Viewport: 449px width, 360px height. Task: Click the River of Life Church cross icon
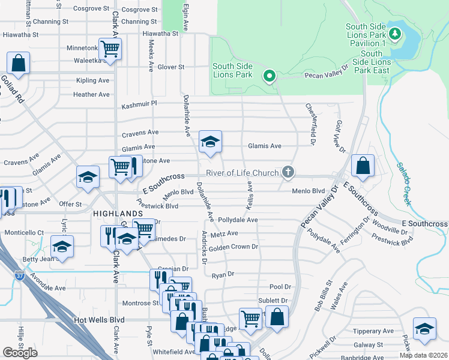tap(288, 173)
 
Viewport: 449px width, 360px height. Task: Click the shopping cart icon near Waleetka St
tap(110, 48)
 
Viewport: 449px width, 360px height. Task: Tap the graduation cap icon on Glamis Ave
tap(210, 142)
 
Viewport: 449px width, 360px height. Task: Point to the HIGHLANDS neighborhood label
tap(118, 214)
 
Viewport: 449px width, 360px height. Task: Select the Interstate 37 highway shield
tap(19, 276)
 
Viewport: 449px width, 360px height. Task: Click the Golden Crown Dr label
tap(234, 247)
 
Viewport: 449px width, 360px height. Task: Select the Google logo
tap(20, 353)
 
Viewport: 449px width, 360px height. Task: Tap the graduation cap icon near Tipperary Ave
tap(425, 329)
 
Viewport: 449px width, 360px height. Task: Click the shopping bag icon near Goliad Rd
tap(19, 62)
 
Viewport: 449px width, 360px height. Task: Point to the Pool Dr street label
tap(280, 287)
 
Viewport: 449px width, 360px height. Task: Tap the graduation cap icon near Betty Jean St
tap(61, 247)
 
